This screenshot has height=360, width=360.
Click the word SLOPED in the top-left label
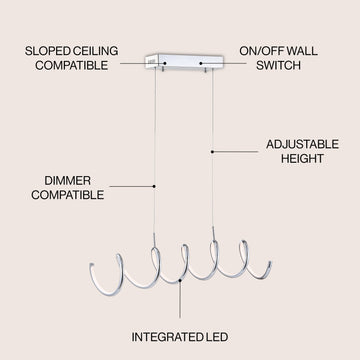tap(47, 51)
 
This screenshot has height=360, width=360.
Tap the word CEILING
tap(95, 51)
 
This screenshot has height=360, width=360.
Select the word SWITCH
tap(278, 65)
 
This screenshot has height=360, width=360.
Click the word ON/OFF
tap(262, 51)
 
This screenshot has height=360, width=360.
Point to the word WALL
tap(302, 51)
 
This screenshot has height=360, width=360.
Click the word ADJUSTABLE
tap(302, 144)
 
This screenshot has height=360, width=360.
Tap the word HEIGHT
tap(302, 158)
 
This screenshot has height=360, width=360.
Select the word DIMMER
tap(68, 181)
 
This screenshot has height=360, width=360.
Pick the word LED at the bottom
tap(215, 337)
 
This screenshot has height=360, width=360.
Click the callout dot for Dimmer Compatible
tap(154, 186)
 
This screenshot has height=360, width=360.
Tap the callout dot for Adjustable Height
tap(212, 152)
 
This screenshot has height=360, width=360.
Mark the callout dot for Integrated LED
tap(180, 280)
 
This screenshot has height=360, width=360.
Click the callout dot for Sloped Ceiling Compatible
tap(165, 63)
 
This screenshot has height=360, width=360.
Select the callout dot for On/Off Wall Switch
tap(201, 63)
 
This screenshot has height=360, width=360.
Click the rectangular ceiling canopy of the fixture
tap(184, 62)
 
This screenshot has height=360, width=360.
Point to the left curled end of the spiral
tap(92, 267)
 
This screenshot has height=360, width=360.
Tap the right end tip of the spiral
tap(269, 264)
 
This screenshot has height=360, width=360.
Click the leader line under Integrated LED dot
tap(180, 299)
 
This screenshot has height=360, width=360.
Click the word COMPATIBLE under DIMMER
tap(68, 195)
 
